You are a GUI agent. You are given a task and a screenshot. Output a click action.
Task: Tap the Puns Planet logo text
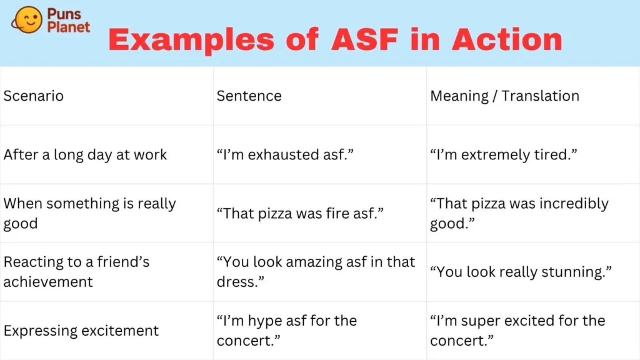69,21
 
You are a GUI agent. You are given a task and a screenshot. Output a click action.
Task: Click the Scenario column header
33,96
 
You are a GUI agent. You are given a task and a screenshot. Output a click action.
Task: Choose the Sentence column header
249,96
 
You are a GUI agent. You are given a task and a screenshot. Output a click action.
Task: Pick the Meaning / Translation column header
504,96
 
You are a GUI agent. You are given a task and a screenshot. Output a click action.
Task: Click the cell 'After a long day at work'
85,155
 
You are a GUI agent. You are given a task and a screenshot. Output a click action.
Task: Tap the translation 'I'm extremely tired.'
502,155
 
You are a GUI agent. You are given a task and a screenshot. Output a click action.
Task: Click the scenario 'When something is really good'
89,213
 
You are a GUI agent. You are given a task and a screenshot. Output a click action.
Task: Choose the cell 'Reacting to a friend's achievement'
76,272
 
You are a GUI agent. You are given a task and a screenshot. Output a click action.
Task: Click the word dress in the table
237,282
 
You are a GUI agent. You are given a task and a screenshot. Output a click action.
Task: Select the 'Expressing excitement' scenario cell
81,331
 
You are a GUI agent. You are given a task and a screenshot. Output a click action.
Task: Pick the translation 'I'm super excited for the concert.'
517,331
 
